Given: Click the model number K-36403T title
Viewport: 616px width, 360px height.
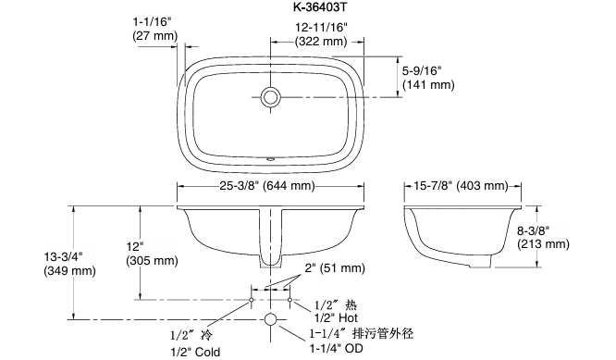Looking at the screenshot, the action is click(321, 6).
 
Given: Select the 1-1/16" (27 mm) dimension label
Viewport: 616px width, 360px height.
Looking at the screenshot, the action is click(155, 29).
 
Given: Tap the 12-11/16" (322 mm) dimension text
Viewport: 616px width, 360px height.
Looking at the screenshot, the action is click(321, 34).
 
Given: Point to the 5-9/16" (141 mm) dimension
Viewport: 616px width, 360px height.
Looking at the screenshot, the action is click(428, 78).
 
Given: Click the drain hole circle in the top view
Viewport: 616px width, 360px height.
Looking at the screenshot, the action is click(270, 96).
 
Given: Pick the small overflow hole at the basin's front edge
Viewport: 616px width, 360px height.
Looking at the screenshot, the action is click(270, 159).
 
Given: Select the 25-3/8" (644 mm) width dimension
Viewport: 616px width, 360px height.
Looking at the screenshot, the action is click(267, 185).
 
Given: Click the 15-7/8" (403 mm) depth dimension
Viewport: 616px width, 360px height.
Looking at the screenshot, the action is click(461, 185).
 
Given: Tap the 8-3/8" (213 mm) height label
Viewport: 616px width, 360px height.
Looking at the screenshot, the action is click(543, 237).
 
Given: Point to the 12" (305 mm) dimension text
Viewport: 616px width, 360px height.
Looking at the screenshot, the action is click(152, 254).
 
